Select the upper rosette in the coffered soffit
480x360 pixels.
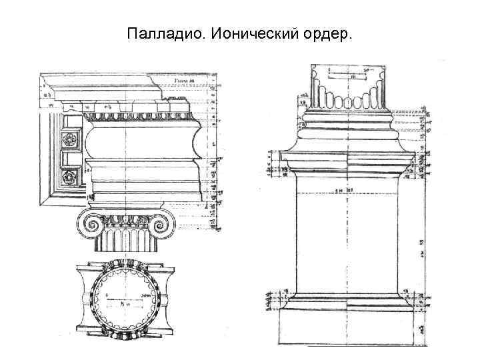click(68, 141)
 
